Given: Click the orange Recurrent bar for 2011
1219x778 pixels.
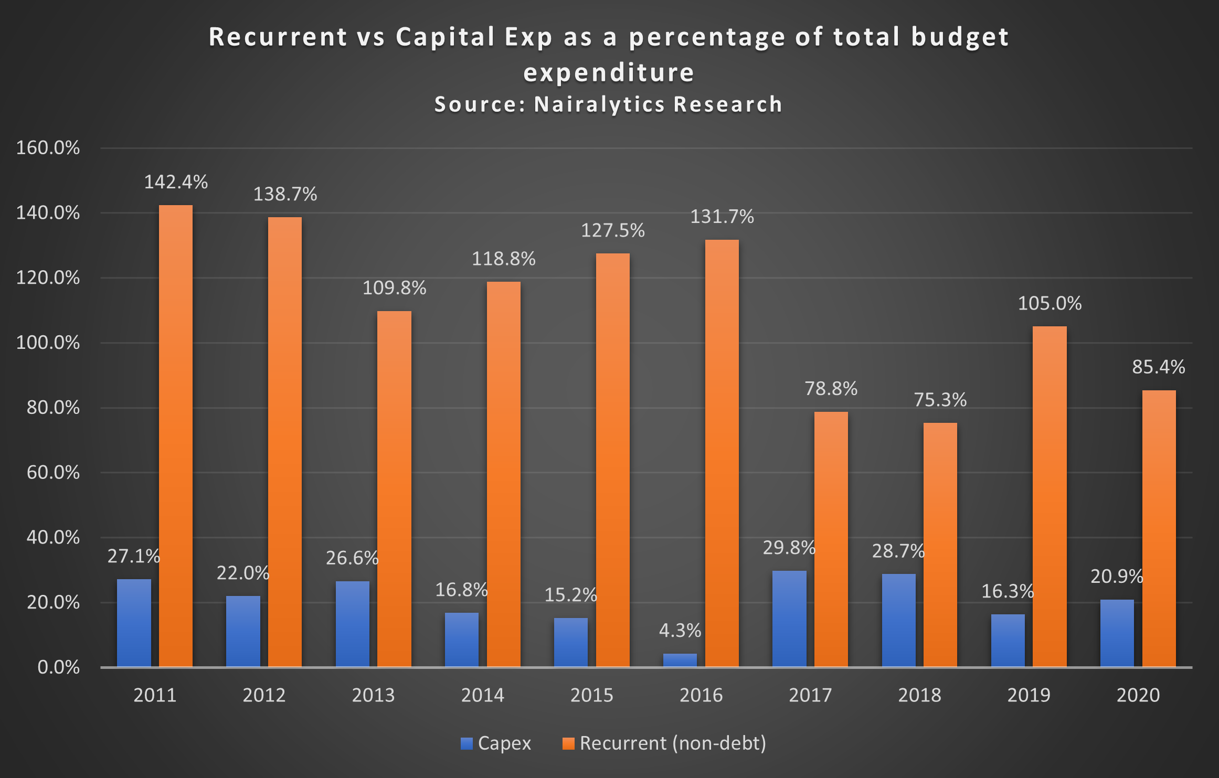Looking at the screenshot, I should (x=176, y=435).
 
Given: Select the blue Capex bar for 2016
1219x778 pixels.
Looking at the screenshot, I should (x=680, y=660).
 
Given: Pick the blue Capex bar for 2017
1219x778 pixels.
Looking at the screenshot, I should (x=789, y=619).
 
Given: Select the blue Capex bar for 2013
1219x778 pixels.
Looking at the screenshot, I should (x=352, y=624).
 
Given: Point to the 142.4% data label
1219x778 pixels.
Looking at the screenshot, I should (x=176, y=182).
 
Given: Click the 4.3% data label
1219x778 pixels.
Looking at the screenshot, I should (x=680, y=631).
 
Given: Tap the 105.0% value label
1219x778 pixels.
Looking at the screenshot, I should (x=1050, y=304).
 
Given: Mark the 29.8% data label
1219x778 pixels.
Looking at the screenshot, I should (x=789, y=548).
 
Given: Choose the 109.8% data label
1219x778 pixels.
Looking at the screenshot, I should (x=394, y=288).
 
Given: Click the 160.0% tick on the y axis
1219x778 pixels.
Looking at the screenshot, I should (x=48, y=148).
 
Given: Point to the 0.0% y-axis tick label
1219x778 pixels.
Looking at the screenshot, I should (x=58, y=667).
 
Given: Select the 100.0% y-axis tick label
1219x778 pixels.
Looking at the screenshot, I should (x=48, y=343).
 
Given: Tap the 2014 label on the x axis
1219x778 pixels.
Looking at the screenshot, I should (x=482, y=695).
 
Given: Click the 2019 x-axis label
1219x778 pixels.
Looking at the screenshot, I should (x=1029, y=695).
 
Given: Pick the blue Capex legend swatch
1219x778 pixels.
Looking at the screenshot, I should (x=467, y=743).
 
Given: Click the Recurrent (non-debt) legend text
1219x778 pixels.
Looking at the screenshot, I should (x=673, y=743).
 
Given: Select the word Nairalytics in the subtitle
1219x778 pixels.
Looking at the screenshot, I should (x=599, y=104).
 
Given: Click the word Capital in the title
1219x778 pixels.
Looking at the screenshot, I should (x=446, y=37).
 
